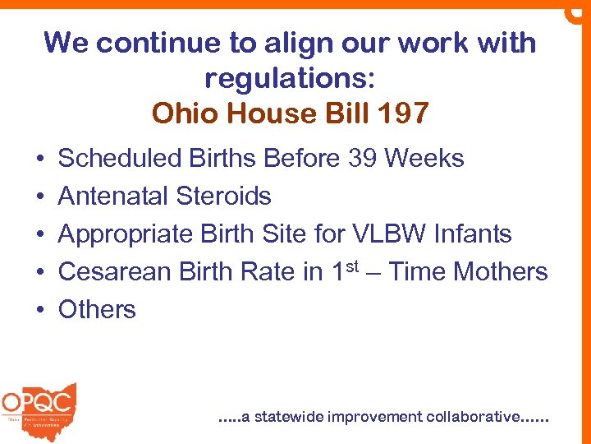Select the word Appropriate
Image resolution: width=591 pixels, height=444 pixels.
pos(126,234)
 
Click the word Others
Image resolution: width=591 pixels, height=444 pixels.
pos(97,309)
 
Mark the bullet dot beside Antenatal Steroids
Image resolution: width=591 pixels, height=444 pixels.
pos(39,197)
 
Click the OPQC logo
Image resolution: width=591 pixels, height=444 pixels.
pos(39,405)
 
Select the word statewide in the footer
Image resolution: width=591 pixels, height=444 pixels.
pos(289,417)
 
